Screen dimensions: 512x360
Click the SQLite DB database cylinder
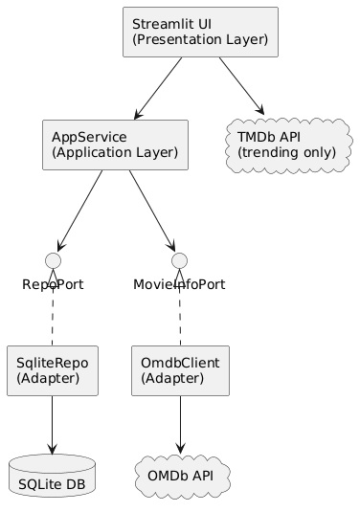tap(54, 479)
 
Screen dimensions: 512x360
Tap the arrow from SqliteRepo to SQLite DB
tap(54, 423)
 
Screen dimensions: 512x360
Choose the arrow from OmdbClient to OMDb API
tap(180, 423)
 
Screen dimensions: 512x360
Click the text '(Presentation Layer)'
tap(199, 41)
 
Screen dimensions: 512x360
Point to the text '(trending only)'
tap(286, 153)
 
